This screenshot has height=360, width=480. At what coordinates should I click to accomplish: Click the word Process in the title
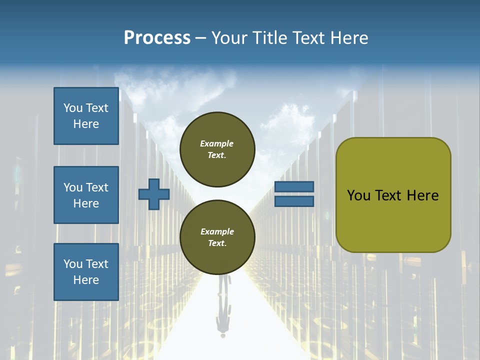click(157, 38)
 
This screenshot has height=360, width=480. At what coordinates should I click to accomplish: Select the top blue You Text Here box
click(86, 116)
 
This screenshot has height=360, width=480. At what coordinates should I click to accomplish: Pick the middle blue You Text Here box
click(86, 195)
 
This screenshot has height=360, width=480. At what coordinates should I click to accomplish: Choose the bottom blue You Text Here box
click(86, 272)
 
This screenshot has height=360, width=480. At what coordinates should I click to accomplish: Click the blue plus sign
click(154, 194)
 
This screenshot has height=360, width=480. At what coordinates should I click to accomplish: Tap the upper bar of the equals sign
click(294, 186)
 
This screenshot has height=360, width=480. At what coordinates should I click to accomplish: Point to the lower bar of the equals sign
click(294, 201)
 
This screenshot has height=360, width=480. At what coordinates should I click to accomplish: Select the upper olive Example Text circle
click(217, 149)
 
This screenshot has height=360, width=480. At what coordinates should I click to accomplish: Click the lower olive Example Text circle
click(217, 237)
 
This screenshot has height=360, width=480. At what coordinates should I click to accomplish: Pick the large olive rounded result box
click(393, 195)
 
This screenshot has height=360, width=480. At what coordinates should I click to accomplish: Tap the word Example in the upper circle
click(217, 143)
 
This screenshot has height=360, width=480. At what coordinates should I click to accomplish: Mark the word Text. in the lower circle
click(217, 243)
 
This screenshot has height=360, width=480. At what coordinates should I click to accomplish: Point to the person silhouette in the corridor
click(223, 305)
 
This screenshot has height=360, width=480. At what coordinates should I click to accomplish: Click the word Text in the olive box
click(388, 195)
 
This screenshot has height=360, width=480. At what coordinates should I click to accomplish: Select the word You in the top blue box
click(73, 108)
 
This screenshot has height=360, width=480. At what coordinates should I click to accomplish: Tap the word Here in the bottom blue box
click(86, 280)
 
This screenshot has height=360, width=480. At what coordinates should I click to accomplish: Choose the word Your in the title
click(229, 38)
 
